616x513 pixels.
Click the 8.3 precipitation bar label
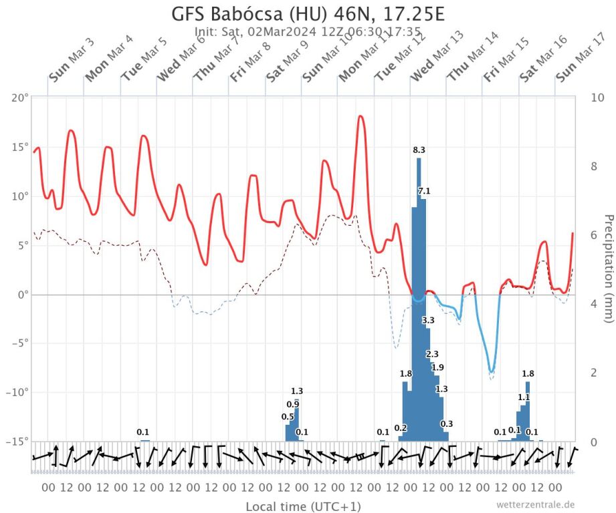(x=419, y=150)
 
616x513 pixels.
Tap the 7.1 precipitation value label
(x=424, y=192)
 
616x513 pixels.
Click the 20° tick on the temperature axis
(x=20, y=98)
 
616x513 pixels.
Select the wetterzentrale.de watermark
(x=535, y=504)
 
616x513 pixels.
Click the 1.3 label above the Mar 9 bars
(x=297, y=391)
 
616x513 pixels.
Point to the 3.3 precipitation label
(x=428, y=321)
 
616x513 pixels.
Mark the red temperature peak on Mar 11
(x=361, y=116)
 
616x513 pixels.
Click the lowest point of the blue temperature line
(x=492, y=371)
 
